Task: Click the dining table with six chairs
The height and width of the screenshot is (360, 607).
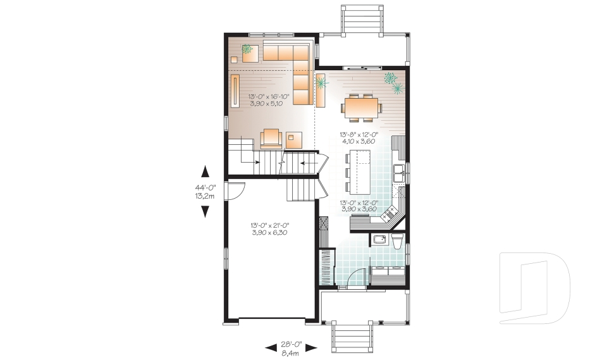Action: tap(362, 108)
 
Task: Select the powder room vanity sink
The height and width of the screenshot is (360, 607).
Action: tap(379, 240)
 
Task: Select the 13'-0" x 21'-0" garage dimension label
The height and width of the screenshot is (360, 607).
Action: tap(270, 228)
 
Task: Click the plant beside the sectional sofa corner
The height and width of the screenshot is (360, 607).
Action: tap(321, 82)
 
